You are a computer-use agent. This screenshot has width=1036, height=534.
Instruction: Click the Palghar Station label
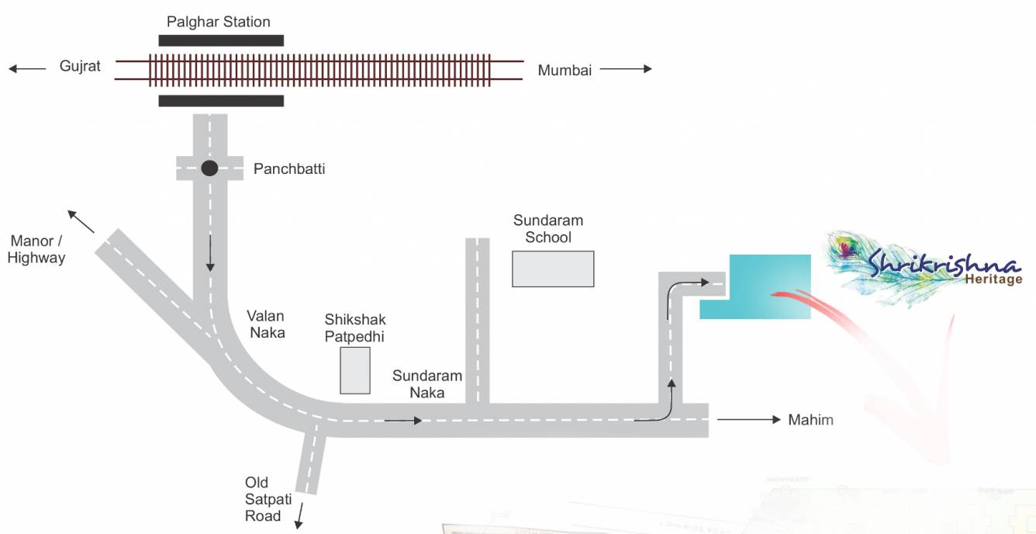pyautogui.click(x=219, y=22)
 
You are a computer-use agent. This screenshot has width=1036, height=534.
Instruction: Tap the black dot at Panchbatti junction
pyautogui.click(x=209, y=168)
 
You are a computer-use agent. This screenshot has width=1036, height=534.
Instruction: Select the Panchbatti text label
pyautogui.click(x=289, y=168)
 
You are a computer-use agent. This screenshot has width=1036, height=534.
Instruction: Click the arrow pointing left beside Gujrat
pyautogui.click(x=27, y=68)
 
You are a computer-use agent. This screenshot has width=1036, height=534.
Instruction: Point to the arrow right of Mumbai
pyautogui.click(x=625, y=69)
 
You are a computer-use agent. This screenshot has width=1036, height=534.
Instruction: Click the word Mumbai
pyautogui.click(x=565, y=70)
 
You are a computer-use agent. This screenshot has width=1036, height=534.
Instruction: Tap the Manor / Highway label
pyautogui.click(x=36, y=249)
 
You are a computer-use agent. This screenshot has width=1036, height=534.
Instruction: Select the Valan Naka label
pyautogui.click(x=266, y=324)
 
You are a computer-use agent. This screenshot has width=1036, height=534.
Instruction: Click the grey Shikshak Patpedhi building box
pyautogui.click(x=355, y=370)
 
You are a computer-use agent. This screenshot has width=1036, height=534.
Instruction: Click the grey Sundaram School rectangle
pyautogui.click(x=553, y=269)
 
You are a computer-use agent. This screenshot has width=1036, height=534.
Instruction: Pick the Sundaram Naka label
pyautogui.click(x=426, y=383)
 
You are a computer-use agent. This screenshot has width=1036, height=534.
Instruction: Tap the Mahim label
pyautogui.click(x=810, y=420)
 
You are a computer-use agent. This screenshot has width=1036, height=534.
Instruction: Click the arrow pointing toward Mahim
pyautogui.click(x=748, y=419)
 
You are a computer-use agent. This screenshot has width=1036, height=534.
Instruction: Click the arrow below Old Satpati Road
pyautogui.click(x=298, y=516)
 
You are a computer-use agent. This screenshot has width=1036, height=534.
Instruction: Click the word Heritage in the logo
pyautogui.click(x=994, y=279)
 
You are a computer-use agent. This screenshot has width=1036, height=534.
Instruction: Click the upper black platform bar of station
pyautogui.click(x=221, y=40)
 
